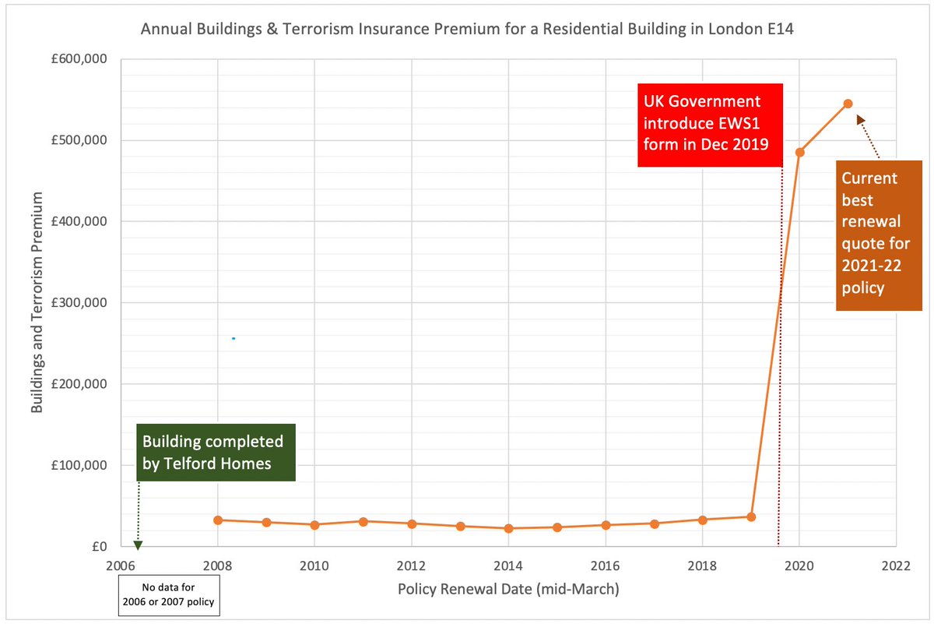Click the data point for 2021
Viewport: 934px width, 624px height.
pos(848,104)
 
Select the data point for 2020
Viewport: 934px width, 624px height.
pos(799,152)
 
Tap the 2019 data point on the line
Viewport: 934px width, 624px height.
pos(751,516)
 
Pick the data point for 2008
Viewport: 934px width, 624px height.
pos(218,520)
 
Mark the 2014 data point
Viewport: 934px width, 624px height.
pos(508,528)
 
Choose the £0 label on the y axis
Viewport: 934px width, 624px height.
pos(99,547)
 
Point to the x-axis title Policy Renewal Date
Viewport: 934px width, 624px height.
pos(508,589)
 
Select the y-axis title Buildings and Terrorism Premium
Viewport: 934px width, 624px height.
pos(36,303)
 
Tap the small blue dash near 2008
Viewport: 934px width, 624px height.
pos(233,338)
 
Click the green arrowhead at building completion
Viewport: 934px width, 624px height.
pos(138,545)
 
